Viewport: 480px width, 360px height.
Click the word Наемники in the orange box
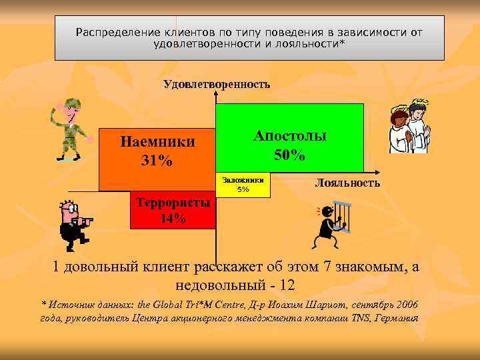click(x=157, y=142)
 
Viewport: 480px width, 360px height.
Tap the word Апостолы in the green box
click(x=290, y=135)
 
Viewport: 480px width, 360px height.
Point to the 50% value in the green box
click(x=290, y=156)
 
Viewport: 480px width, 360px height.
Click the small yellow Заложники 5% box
click(x=243, y=185)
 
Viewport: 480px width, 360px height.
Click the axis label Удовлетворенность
click(x=217, y=84)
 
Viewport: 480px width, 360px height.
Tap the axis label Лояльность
click(x=347, y=183)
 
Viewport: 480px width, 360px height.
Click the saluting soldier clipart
click(x=71, y=129)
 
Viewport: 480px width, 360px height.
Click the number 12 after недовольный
click(x=287, y=285)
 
